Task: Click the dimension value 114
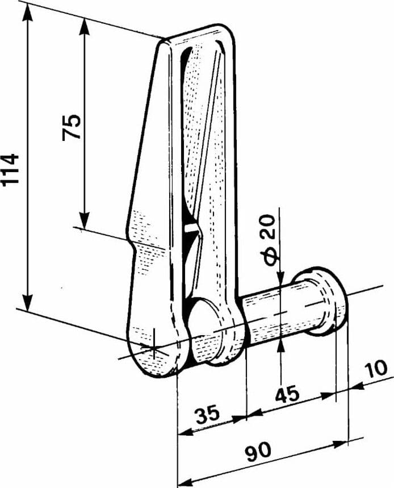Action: (x=10, y=170)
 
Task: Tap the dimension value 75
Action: (x=71, y=127)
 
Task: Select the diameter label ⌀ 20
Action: (x=267, y=240)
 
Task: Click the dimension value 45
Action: (x=287, y=394)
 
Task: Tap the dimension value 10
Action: (x=376, y=368)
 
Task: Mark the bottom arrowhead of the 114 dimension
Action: (x=28, y=301)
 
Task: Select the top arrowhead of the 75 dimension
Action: (x=84, y=26)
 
